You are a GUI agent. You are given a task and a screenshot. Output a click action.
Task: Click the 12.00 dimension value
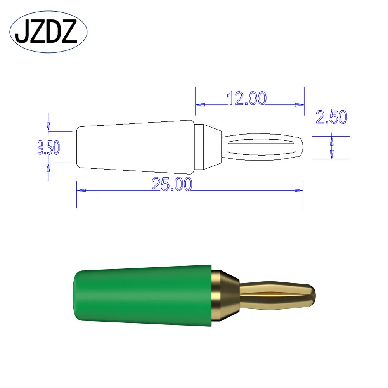247,99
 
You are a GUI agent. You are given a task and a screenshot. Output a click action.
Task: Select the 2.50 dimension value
331,117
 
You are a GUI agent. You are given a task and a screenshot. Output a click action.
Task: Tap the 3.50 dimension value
48,148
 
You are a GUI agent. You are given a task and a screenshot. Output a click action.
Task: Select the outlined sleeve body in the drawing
136,147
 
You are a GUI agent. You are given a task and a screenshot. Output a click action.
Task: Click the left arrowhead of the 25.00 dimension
81,191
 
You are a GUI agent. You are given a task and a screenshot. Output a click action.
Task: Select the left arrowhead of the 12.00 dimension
200,104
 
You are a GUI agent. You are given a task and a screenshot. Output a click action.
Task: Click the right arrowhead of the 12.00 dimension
299,104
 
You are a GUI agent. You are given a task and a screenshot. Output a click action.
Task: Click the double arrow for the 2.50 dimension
331,147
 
